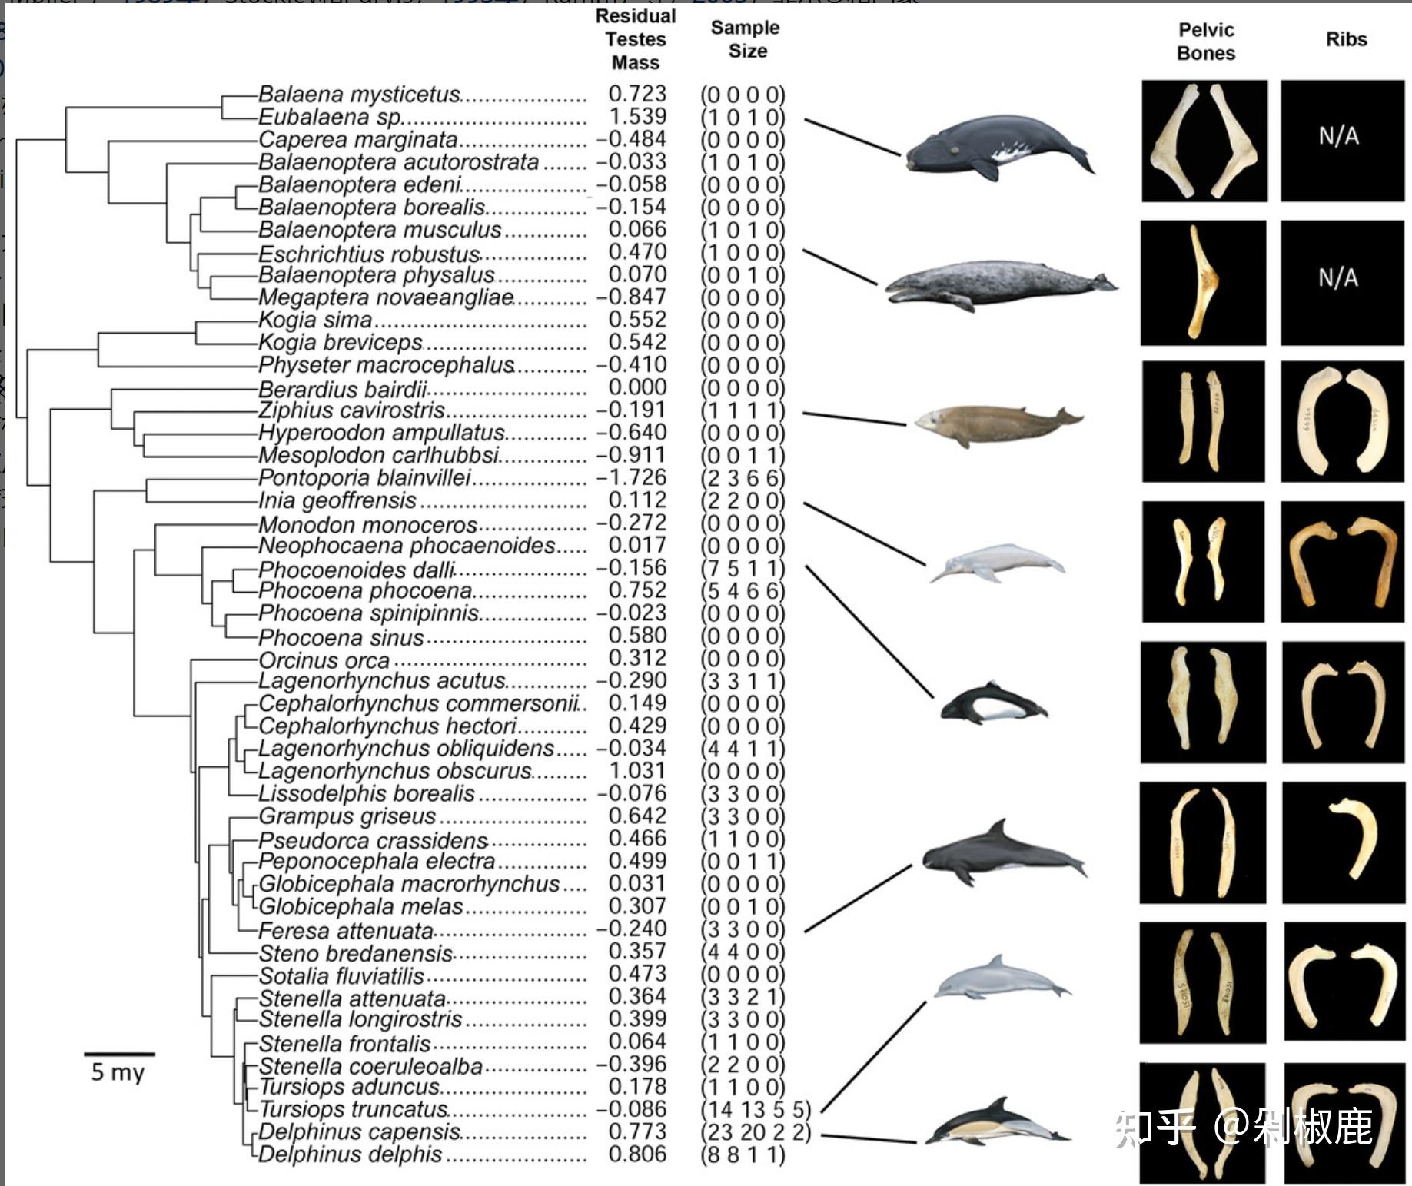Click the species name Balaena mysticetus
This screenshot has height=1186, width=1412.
[358, 95]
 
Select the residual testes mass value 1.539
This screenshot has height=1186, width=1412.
[637, 117]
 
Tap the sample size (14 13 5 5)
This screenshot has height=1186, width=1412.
[755, 1110]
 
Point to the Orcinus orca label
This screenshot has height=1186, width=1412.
[324, 661]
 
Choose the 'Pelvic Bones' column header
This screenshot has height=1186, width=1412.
[1205, 42]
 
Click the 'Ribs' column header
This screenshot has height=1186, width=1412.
[1346, 40]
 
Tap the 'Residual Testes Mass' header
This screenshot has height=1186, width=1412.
[636, 39]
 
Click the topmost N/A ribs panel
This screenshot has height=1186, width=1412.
[1341, 141]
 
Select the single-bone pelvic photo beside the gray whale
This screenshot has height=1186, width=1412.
[1203, 282]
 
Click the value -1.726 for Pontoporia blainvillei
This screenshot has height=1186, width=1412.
[632, 478]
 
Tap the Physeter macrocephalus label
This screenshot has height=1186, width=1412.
[386, 365]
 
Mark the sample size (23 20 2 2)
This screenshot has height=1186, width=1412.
[755, 1132]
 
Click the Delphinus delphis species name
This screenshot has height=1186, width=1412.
[351, 1154]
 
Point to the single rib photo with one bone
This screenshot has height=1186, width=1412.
[1344, 842]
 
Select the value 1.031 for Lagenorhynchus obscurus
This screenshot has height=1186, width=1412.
[637, 771]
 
